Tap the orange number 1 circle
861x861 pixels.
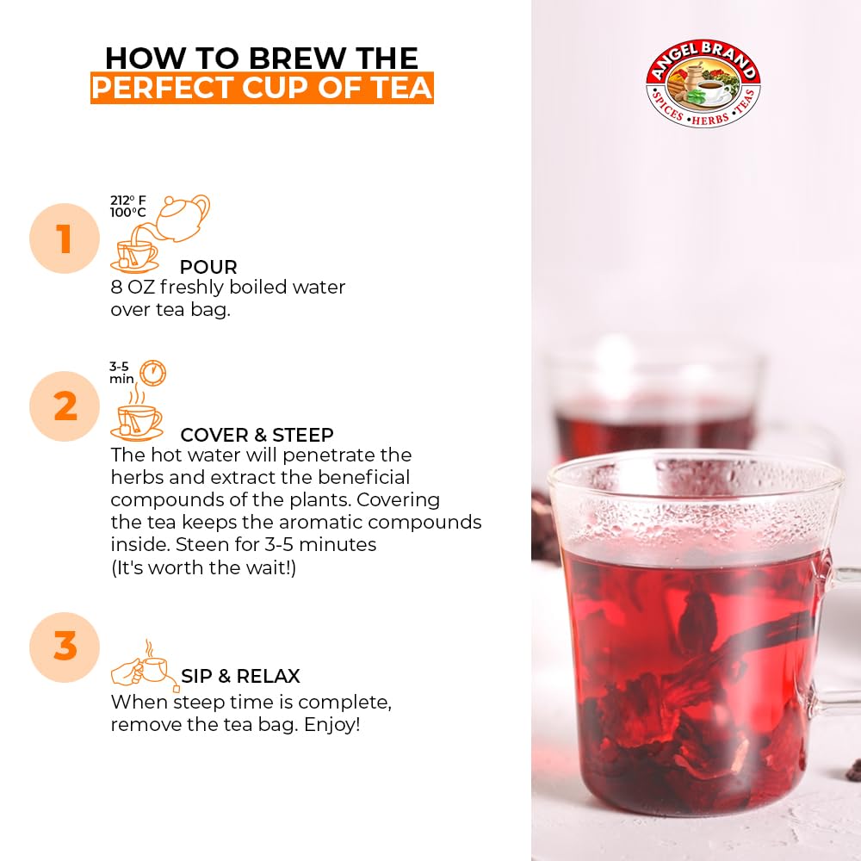coord(65,238)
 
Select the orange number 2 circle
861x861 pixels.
coord(65,406)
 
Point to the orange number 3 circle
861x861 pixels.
coord(65,647)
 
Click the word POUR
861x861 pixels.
coord(208,267)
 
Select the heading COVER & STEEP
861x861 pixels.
coord(257,435)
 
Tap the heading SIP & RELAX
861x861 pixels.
coord(240,677)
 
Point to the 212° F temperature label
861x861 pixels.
coord(127,201)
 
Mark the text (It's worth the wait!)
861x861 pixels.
coord(203,568)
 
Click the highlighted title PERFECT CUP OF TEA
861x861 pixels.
coord(262,89)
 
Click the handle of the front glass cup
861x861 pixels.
coord(839,654)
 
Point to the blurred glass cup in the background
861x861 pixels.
coord(654,405)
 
